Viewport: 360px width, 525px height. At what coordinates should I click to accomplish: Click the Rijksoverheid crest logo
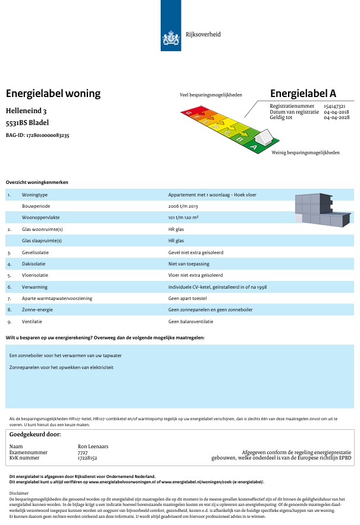(171, 39)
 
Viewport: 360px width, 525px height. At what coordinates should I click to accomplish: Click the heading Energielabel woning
(53, 93)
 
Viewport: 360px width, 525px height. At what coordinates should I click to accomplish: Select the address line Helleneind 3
(26, 111)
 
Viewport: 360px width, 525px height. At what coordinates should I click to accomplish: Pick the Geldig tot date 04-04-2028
(336, 117)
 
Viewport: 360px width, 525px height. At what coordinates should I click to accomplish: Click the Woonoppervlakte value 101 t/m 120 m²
(183, 217)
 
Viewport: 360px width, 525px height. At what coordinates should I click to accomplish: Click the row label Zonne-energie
(37, 310)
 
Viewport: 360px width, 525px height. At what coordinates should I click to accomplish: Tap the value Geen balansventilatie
(190, 321)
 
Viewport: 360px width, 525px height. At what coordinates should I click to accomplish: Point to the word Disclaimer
(20, 493)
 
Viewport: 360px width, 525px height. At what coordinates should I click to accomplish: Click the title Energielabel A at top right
(303, 93)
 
